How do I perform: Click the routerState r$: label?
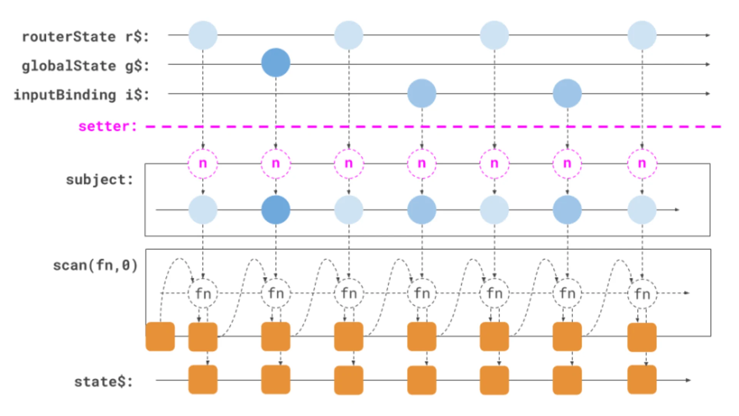tap(85, 37)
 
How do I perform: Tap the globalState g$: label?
tap(85, 66)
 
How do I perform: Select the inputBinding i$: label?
tap(81, 95)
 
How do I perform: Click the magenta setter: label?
tap(107, 126)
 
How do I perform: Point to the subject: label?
tap(99, 179)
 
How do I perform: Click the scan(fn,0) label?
tap(95, 265)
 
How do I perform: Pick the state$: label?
tap(103, 382)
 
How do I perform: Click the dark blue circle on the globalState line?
tap(276, 63)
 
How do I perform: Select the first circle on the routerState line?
tap(203, 35)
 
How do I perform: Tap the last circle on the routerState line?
tap(642, 35)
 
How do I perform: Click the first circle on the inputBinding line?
tap(422, 94)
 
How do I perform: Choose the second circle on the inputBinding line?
tap(567, 94)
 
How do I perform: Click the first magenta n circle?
tap(203, 164)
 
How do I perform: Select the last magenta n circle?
tap(642, 164)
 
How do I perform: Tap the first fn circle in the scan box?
tap(203, 294)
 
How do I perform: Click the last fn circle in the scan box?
tap(642, 294)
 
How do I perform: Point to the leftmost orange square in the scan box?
tap(160, 337)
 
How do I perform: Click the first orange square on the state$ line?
tap(203, 380)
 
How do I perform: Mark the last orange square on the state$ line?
tap(642, 380)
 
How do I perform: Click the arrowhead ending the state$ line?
tap(688, 380)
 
